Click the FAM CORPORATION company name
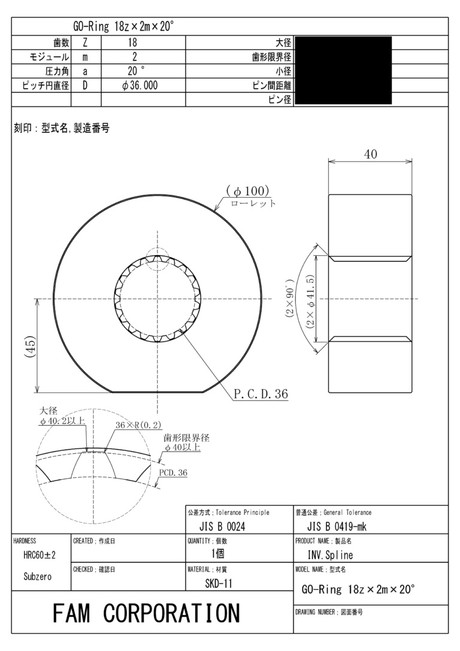[x=146, y=613]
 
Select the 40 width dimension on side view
[x=371, y=155]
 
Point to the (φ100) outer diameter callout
[x=248, y=191]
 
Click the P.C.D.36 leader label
[x=261, y=394]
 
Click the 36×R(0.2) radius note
[x=138, y=425]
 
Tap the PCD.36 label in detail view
[x=173, y=473]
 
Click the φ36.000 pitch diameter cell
[x=139, y=86]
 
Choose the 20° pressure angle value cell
[x=135, y=71]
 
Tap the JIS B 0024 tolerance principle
[x=222, y=526]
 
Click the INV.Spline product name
[x=330, y=555]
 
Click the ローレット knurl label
[x=254, y=204]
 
